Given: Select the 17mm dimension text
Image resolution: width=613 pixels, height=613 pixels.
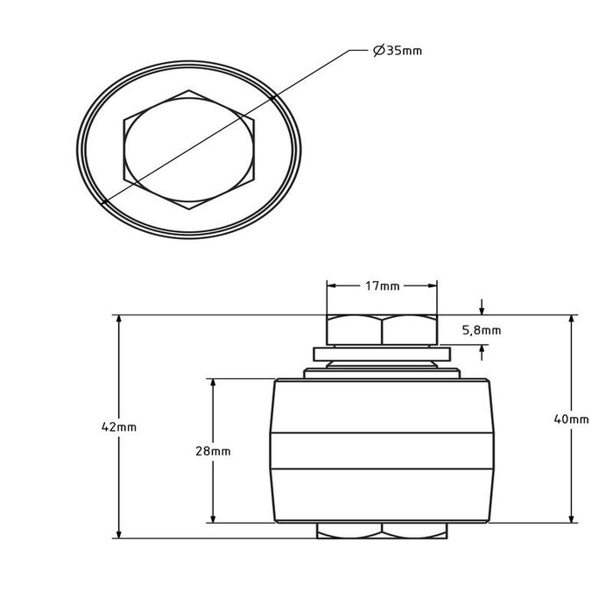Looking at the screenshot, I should click(x=382, y=286).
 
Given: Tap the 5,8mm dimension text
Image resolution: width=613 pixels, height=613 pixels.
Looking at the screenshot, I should click(x=482, y=330).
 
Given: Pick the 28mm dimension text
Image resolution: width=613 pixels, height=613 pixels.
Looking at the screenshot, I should click(x=214, y=450).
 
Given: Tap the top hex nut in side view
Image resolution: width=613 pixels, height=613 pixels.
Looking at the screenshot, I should click(x=382, y=330).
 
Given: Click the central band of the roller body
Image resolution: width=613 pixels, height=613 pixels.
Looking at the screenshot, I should click(x=382, y=448).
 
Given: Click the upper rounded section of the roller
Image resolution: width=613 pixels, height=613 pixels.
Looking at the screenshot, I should click(x=382, y=403).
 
